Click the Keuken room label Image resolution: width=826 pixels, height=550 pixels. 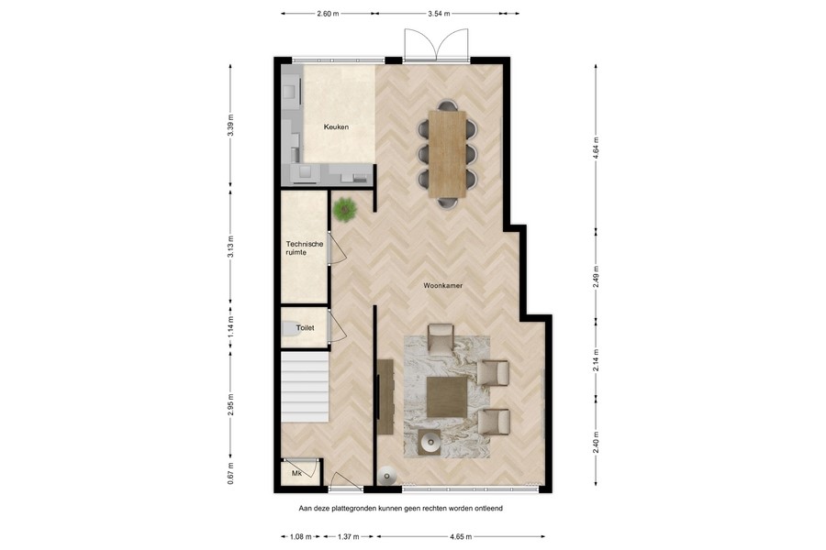[336, 127]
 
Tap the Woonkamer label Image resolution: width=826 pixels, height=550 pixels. [442, 286]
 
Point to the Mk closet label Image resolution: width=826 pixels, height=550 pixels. [296, 473]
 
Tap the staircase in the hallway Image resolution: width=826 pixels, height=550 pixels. [304, 389]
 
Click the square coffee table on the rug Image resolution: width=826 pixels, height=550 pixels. [446, 397]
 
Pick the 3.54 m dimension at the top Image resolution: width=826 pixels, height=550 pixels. [442, 15]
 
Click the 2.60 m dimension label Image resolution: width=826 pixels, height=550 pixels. [327, 15]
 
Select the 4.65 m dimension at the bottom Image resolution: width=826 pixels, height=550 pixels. [461, 536]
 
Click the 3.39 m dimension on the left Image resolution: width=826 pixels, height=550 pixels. [230, 125]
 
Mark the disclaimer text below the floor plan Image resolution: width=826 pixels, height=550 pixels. [401, 507]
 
